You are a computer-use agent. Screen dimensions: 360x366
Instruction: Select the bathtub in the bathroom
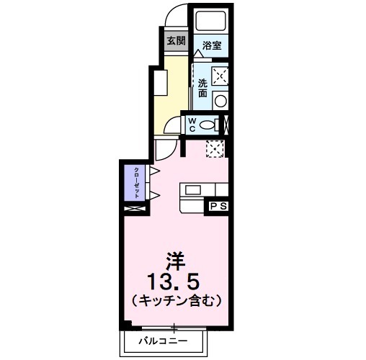pos(210,22)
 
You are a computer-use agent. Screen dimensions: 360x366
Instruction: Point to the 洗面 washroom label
pos(202,88)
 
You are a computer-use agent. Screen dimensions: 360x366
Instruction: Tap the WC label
pos(192,125)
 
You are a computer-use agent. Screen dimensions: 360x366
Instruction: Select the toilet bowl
pos(208,125)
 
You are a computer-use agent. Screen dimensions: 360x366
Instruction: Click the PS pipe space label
pos(219,207)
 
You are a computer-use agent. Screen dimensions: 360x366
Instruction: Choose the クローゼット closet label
pos(136,183)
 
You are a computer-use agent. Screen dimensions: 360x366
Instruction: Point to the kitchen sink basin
pos(193,190)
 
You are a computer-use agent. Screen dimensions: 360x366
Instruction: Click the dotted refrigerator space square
pos(214,149)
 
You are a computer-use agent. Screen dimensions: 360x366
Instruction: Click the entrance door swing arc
pos(176,16)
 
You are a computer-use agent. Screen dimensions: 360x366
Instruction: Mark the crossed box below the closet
pos(134,209)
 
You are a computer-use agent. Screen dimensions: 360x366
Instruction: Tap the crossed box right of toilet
pos(226,124)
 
